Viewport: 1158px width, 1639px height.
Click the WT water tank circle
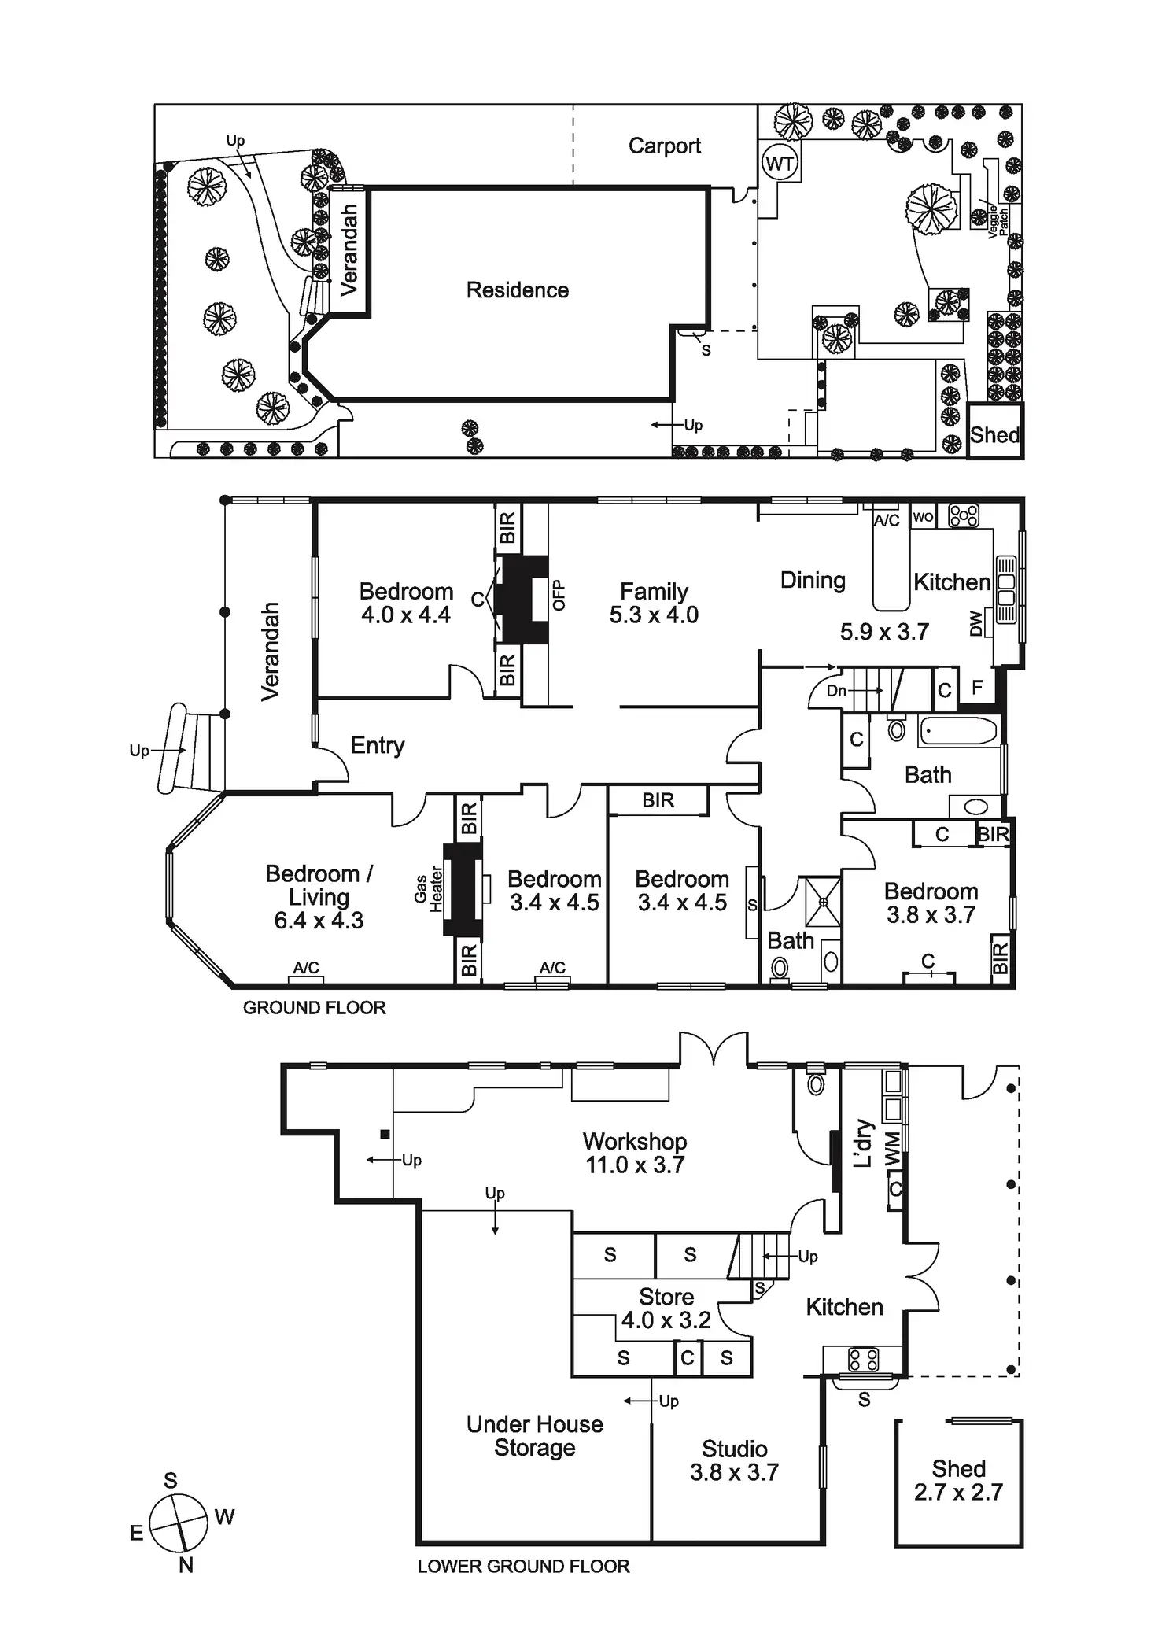tap(779, 164)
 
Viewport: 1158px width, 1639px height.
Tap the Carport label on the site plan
tap(665, 146)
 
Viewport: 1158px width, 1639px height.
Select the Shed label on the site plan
tap(994, 434)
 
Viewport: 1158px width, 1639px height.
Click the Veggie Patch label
tap(998, 220)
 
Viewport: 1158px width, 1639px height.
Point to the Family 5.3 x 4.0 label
tap(654, 603)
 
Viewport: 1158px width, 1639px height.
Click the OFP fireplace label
tap(559, 595)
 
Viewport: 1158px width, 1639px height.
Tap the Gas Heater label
tap(429, 889)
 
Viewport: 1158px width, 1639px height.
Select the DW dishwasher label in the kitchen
tap(976, 623)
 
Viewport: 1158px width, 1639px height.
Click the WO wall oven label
tap(923, 517)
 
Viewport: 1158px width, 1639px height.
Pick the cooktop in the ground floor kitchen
tap(964, 515)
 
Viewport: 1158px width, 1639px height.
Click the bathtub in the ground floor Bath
tap(958, 731)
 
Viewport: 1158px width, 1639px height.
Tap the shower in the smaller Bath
tap(824, 902)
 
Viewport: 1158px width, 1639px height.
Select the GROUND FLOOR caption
tap(314, 1008)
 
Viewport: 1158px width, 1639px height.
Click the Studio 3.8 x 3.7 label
tap(734, 1460)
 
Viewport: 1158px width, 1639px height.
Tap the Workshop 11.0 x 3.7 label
tap(635, 1153)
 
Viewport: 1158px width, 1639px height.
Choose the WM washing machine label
tap(892, 1150)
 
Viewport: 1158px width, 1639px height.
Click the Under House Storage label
tap(534, 1436)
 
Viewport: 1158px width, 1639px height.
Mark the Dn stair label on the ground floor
tap(836, 691)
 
